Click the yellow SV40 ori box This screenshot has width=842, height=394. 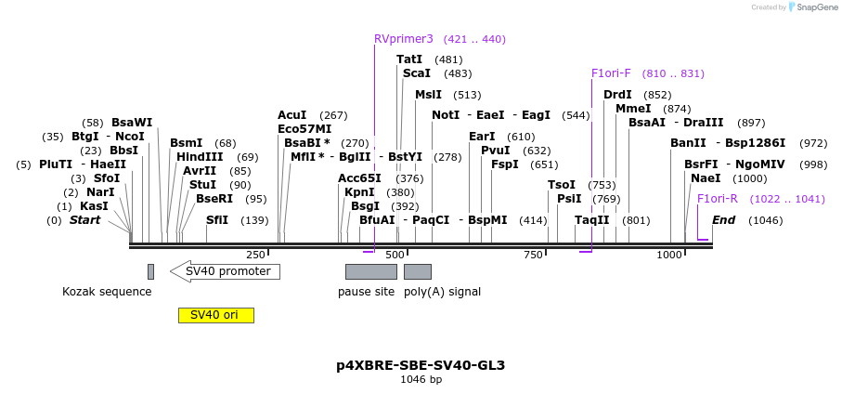(215, 315)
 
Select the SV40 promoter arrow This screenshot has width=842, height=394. (225, 271)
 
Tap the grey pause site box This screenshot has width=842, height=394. (370, 271)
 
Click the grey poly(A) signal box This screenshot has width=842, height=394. (417, 271)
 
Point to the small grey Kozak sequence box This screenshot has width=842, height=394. (150, 271)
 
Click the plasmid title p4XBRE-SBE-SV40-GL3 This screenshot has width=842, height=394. (421, 365)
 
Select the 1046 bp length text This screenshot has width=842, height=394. (421, 380)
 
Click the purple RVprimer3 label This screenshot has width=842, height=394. (403, 39)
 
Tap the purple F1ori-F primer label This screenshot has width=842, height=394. (611, 73)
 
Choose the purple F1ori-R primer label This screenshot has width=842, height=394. (717, 198)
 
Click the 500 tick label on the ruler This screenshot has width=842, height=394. (395, 256)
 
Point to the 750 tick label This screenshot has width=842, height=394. (533, 256)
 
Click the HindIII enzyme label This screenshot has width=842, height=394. (200, 157)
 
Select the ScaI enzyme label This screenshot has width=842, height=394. (416, 73)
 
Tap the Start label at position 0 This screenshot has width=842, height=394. (84, 220)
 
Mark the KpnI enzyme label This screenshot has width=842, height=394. (359, 192)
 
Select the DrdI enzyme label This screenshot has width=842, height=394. (617, 95)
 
